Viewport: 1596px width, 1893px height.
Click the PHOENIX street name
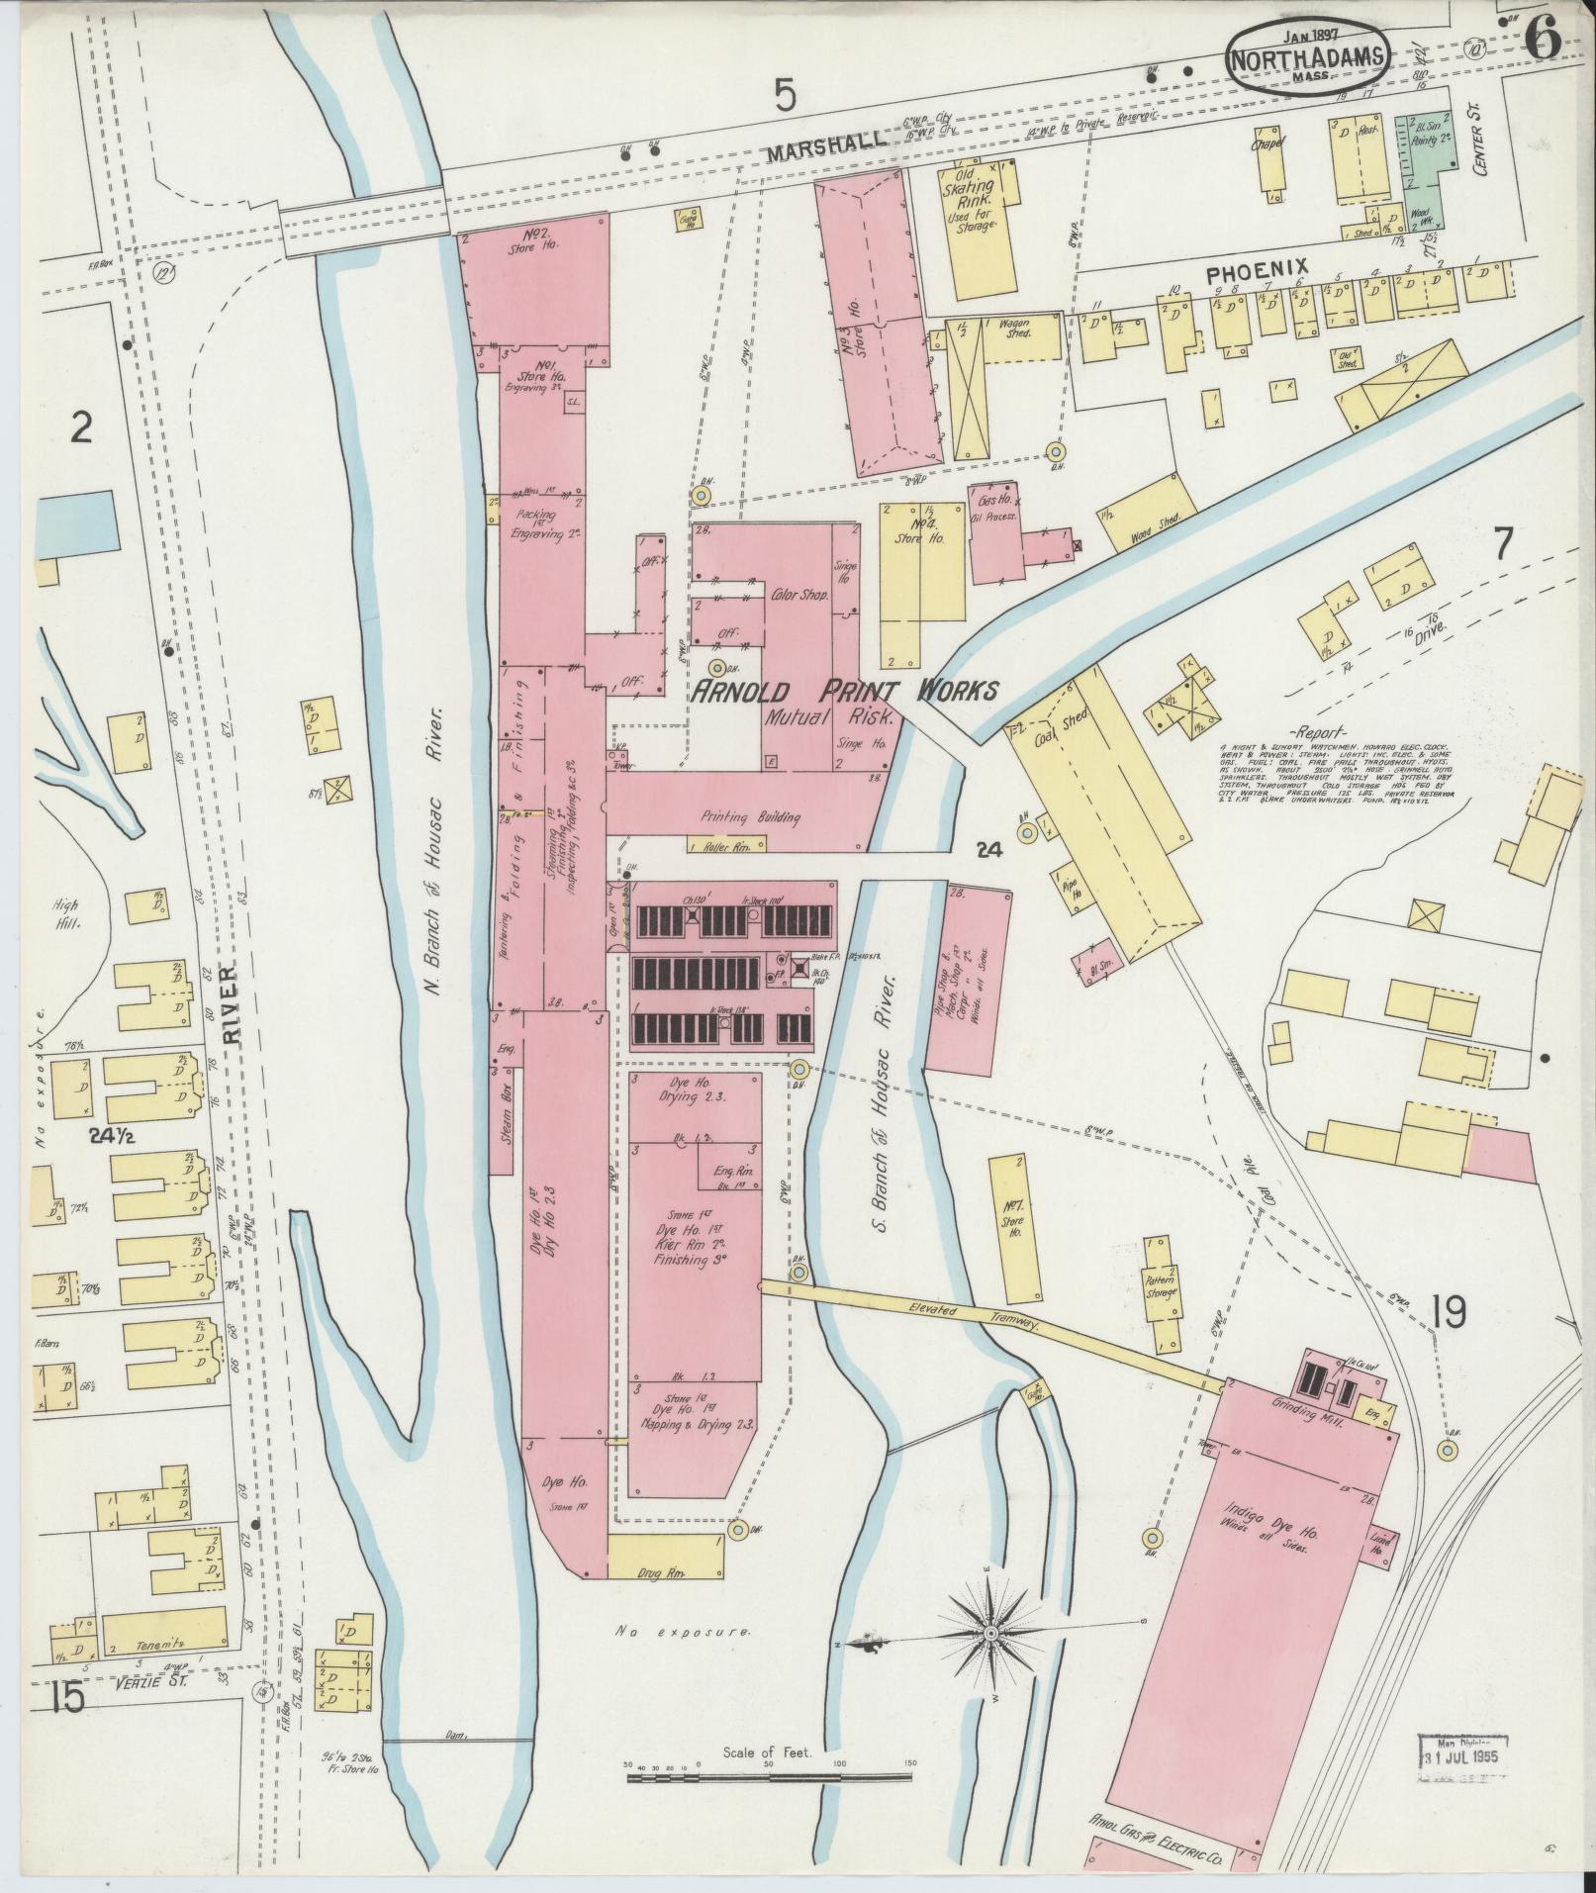click(x=1257, y=268)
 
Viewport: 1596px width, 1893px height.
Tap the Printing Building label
click(x=750, y=818)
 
